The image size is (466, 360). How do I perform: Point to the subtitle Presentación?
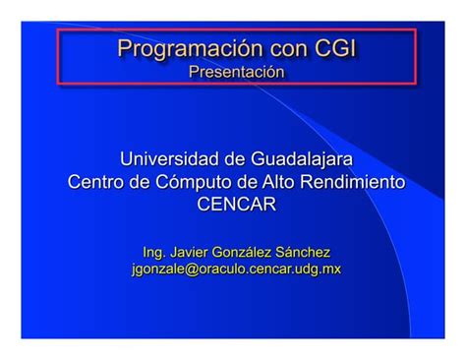236,72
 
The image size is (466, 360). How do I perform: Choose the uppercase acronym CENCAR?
236,205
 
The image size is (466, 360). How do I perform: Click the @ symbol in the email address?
191,269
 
